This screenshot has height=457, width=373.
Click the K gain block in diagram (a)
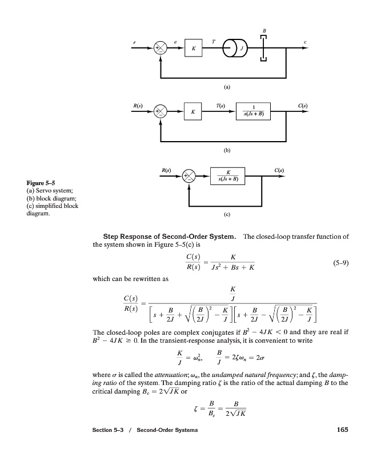[194, 50]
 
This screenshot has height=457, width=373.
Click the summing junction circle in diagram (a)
[163, 49]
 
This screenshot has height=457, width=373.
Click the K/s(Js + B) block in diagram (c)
[228, 176]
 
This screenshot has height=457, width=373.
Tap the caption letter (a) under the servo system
[227, 87]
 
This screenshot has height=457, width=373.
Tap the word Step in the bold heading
[112, 236]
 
